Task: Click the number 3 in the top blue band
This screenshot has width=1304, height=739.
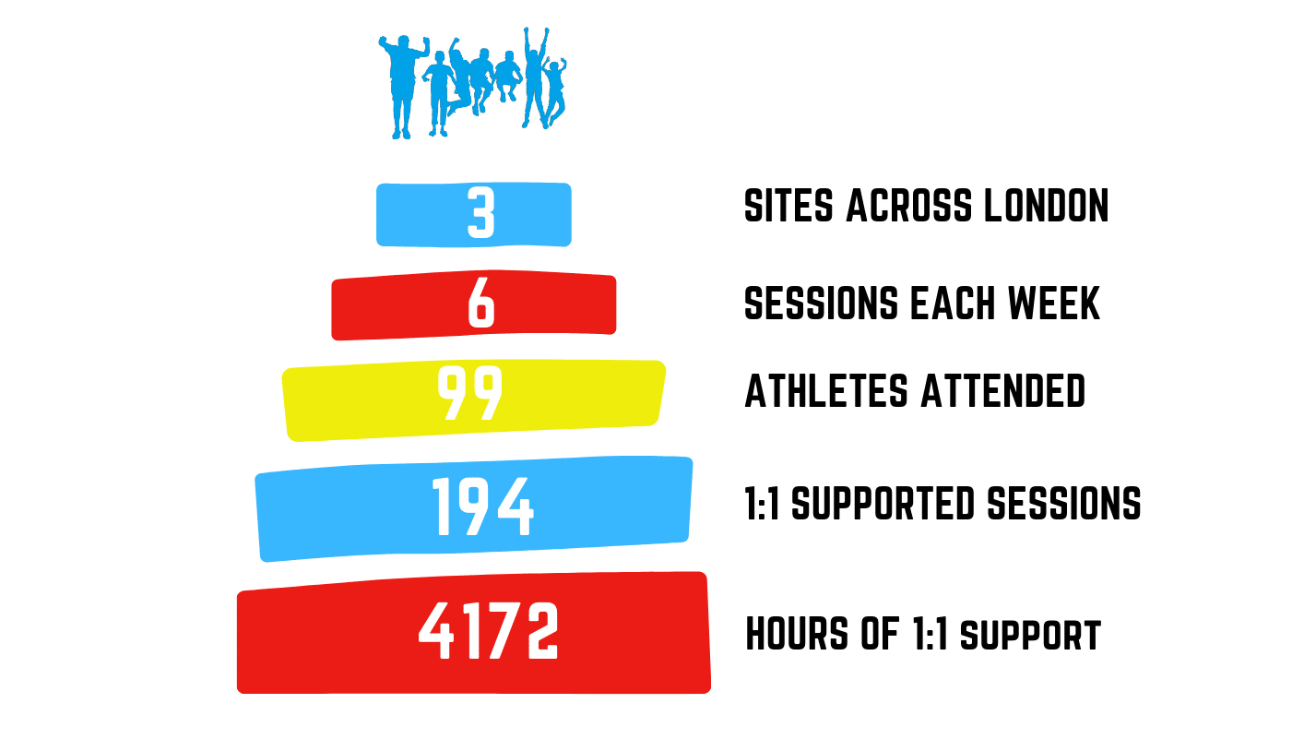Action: pos(480,212)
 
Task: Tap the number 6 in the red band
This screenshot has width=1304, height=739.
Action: pos(481,304)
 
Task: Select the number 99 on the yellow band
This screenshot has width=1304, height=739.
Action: pos(470,393)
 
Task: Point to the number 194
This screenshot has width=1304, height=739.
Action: pos(482,507)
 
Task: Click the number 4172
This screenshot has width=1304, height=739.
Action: pos(489,631)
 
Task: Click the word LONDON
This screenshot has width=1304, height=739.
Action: pos(1046,206)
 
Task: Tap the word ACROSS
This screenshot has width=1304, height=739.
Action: pos(908,206)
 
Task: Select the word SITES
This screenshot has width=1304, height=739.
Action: pos(788,206)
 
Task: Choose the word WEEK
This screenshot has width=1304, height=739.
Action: pos(1054,304)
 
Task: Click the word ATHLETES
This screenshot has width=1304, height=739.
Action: pos(826,391)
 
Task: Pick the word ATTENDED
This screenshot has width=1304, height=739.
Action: pos(1003,391)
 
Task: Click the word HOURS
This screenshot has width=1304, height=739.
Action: pos(797,633)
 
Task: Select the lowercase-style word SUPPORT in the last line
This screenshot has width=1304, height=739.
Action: pos(1030,636)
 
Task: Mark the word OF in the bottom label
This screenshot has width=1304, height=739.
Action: pos(880,633)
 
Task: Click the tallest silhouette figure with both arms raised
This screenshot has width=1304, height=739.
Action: pos(535,76)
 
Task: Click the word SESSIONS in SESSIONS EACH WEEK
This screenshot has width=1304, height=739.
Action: pos(821,304)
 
